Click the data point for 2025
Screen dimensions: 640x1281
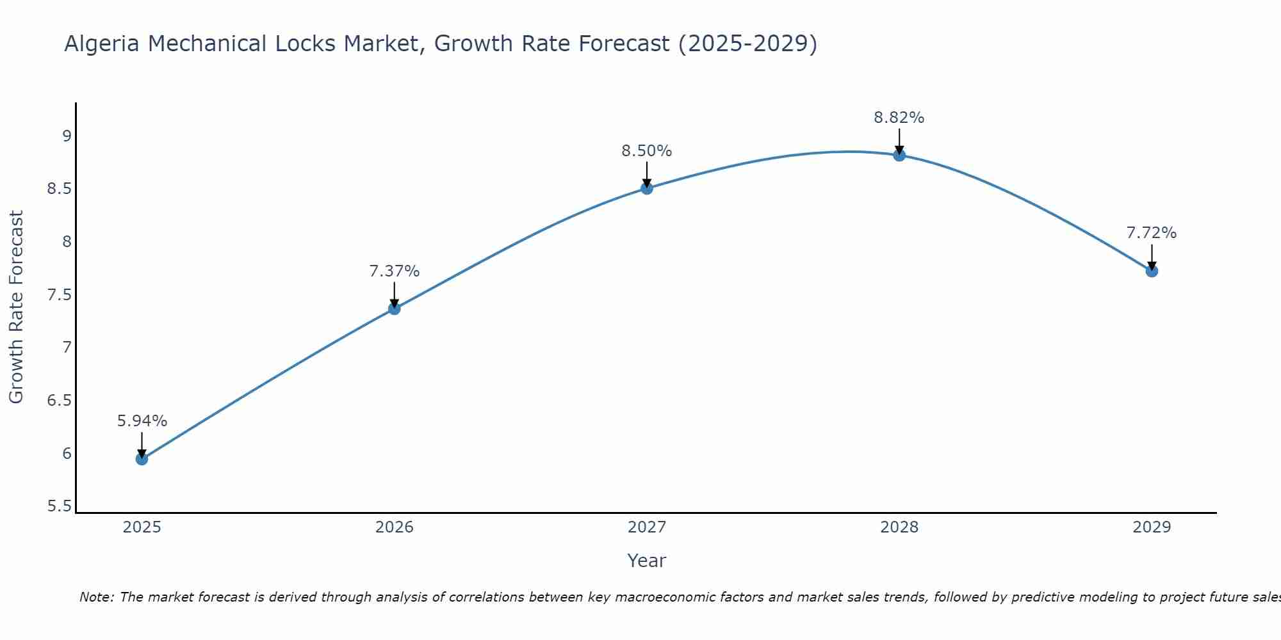[142, 459]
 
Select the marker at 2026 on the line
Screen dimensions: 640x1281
[395, 308]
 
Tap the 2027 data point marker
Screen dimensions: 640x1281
[647, 188]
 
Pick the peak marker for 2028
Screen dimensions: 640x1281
[899, 155]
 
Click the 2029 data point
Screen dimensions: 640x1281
[1152, 271]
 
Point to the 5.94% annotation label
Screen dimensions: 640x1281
[142, 421]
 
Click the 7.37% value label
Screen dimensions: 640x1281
[395, 271]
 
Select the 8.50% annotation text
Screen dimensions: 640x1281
[647, 151]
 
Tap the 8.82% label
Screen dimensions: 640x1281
[899, 118]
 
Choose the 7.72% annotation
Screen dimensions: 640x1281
[1152, 233]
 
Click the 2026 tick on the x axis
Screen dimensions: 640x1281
[395, 527]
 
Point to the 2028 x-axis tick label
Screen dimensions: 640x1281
[899, 527]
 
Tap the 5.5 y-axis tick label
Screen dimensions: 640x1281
[60, 506]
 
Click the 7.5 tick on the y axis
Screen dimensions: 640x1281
[60, 295]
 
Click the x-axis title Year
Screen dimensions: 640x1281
[647, 561]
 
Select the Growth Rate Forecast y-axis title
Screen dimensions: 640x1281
[16, 307]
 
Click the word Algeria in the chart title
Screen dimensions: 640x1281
[102, 44]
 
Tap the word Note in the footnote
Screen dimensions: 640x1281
[96, 597]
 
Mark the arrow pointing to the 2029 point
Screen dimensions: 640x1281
[1152, 257]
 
